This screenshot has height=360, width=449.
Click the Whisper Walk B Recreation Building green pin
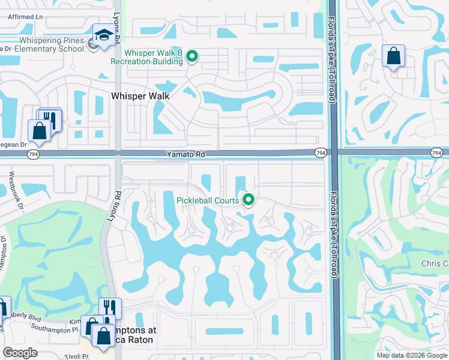coord(192,57)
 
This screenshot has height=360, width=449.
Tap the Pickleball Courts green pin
coord(247,200)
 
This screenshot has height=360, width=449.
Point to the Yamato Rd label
coord(185,154)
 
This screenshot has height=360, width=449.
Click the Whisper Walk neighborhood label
coord(140,96)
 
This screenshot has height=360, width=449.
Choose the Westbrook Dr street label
coord(15,190)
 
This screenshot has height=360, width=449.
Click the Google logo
coord(20,353)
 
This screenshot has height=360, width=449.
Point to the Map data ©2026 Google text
coord(411,355)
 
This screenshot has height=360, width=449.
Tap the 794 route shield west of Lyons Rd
coord(34,154)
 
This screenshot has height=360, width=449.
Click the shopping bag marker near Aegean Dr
coord(39,130)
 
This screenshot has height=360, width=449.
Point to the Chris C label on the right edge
coord(434,264)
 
